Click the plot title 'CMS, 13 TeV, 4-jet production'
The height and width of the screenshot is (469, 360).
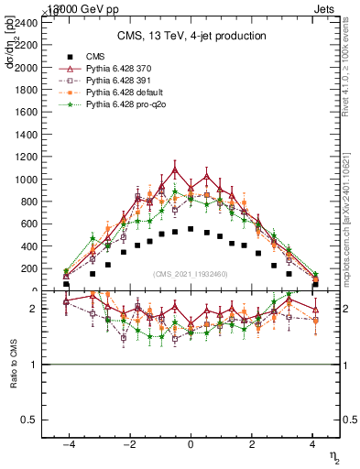tap(191, 36)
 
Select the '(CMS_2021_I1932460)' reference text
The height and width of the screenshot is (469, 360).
tap(191, 273)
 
